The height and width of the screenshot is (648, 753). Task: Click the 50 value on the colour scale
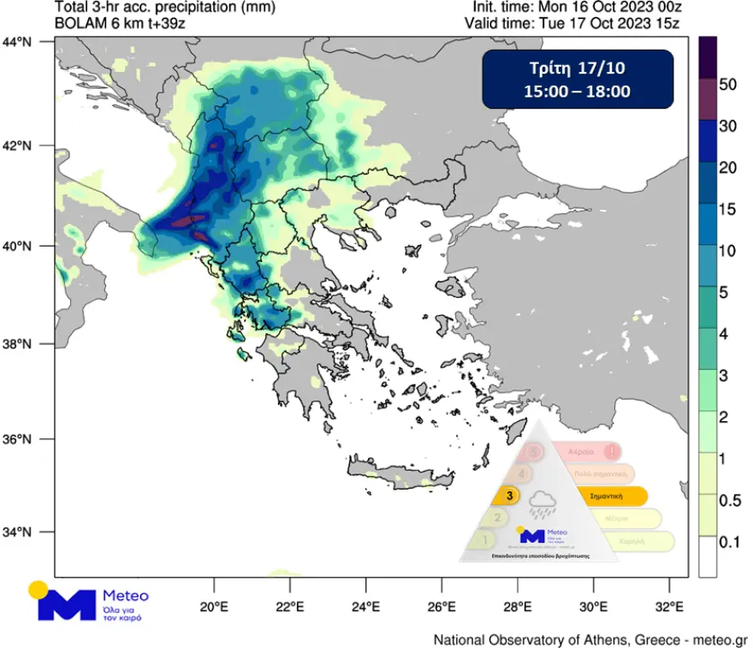(728, 85)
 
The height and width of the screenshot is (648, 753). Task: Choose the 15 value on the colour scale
(728, 209)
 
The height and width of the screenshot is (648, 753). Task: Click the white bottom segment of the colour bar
(707, 557)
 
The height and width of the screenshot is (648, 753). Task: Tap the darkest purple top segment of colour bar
(707, 56)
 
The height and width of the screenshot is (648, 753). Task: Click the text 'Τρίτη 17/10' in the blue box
(578, 68)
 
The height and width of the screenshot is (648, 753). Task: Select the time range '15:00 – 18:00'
(578, 91)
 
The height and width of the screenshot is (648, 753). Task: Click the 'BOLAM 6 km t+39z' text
(120, 24)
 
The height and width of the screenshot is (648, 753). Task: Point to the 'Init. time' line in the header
(576, 8)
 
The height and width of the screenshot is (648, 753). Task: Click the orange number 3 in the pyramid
(511, 495)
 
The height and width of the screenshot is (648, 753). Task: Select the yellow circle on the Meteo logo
(38, 589)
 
